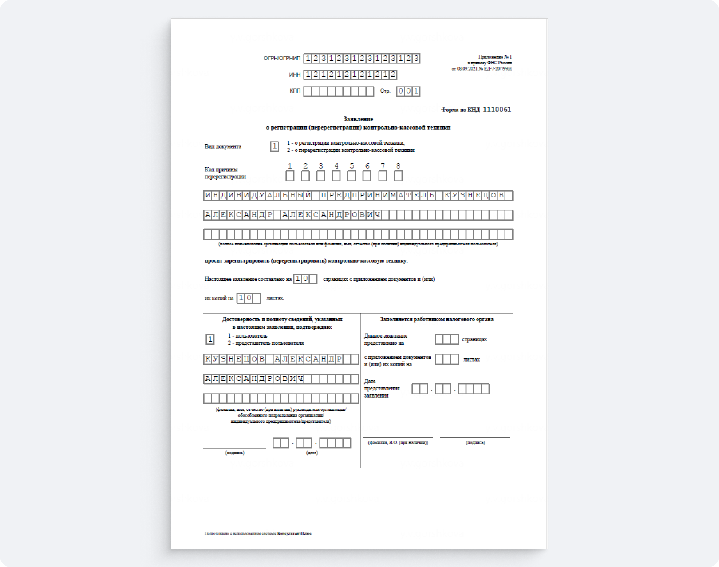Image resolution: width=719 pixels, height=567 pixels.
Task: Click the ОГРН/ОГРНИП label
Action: pyautogui.click(x=282, y=58)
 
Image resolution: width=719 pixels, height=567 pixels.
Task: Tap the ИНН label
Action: pyautogui.click(x=295, y=75)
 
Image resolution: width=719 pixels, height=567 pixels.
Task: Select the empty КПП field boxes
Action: pyautogui.click(x=339, y=91)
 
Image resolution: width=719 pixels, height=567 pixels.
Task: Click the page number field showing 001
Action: pyautogui.click(x=408, y=91)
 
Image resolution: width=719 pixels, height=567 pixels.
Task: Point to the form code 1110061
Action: pyautogui.click(x=497, y=110)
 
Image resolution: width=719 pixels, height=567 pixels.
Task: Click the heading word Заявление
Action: pyautogui.click(x=358, y=119)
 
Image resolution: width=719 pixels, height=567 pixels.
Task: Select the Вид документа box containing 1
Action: pyautogui.click(x=274, y=146)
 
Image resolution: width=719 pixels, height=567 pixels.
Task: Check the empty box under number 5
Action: pyautogui.click(x=352, y=176)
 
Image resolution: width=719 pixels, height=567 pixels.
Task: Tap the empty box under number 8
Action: pyautogui.click(x=398, y=176)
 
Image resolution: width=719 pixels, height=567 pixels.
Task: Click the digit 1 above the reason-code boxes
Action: pyautogui.click(x=290, y=166)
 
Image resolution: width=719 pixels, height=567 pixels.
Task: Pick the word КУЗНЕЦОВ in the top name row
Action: pyautogui.click(x=474, y=196)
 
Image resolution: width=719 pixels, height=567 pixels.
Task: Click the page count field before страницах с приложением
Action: pyautogui.click(x=305, y=279)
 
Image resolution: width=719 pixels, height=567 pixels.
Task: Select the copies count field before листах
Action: pyautogui.click(x=248, y=298)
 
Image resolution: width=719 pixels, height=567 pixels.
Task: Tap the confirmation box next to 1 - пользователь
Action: pyautogui.click(x=210, y=339)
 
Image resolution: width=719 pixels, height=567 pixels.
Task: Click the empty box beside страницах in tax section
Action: pyautogui.click(x=446, y=339)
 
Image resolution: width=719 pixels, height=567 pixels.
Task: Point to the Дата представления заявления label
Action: pyautogui.click(x=382, y=388)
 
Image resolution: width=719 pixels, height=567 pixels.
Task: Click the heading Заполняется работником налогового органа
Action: pyautogui.click(x=436, y=319)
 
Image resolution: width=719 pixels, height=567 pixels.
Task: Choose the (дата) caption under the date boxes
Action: pyautogui.click(x=312, y=453)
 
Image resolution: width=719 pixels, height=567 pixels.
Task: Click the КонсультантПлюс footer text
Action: pyautogui.click(x=294, y=533)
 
